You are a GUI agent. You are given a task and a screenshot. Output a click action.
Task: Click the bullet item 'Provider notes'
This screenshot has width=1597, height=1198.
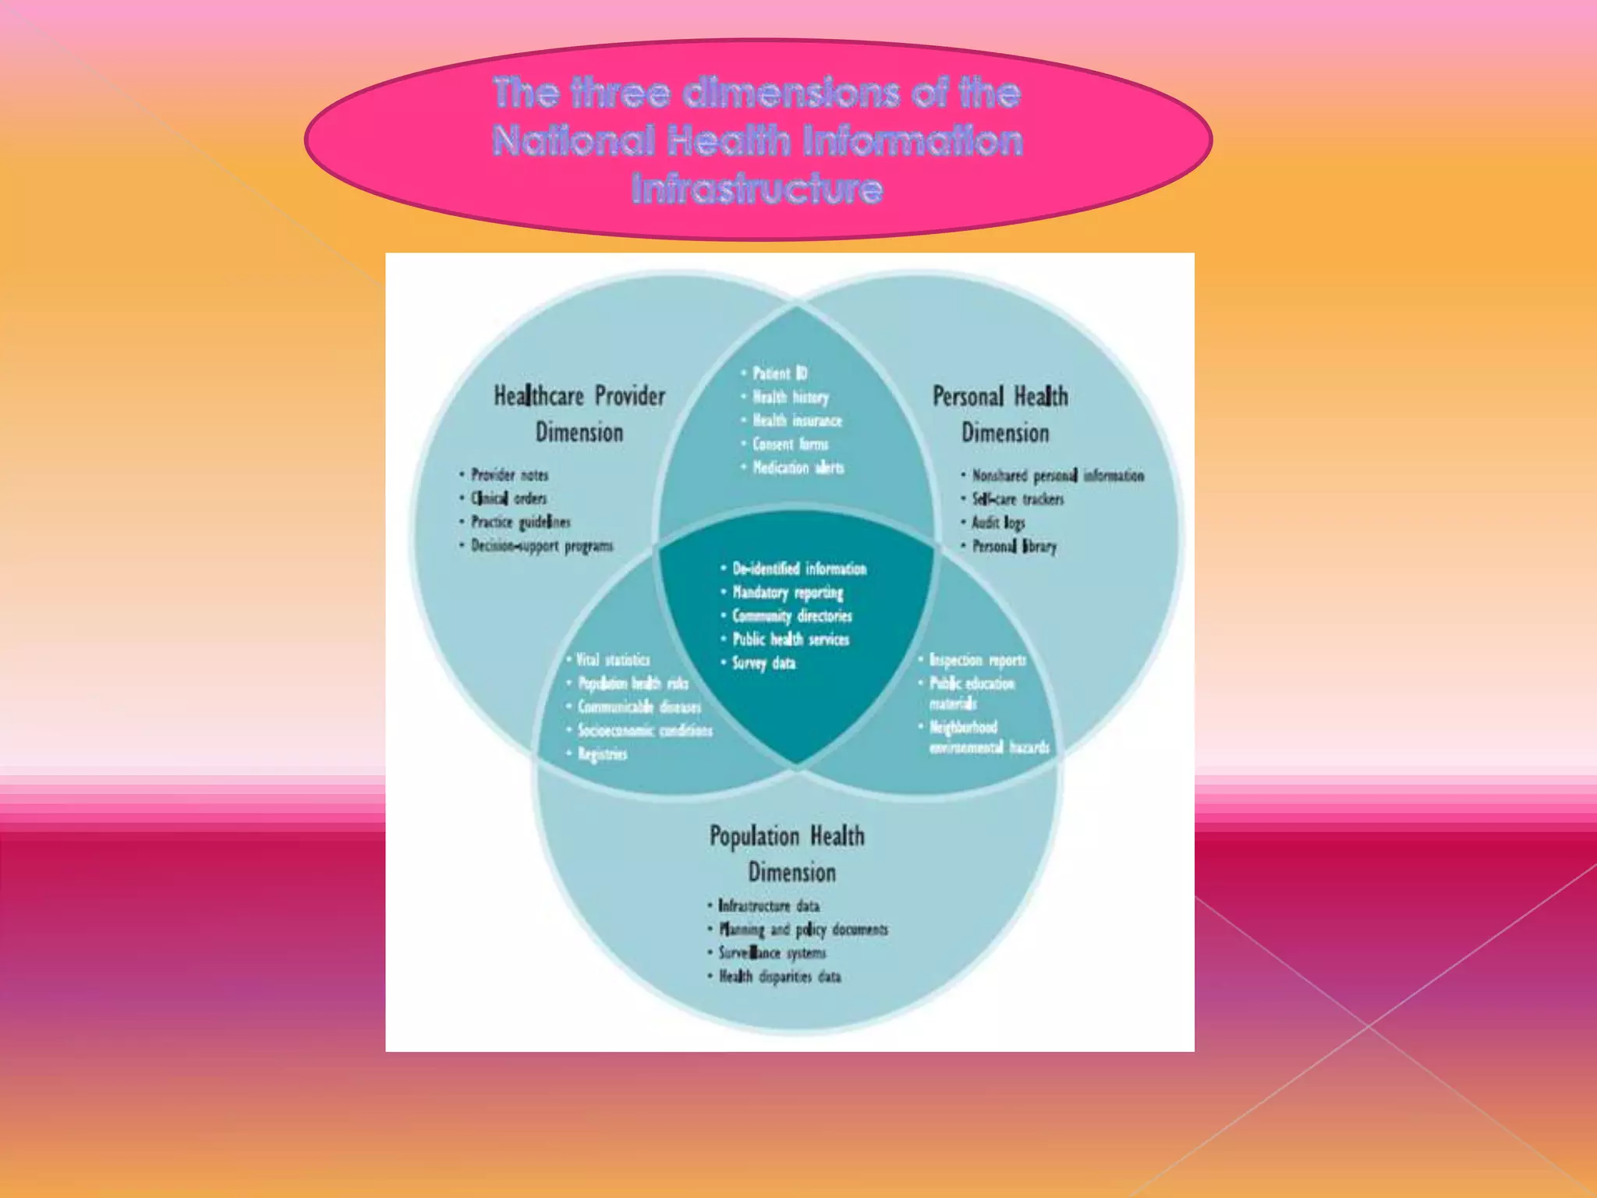pos(509,475)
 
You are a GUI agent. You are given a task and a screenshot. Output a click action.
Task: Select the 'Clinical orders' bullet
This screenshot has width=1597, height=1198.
pos(508,498)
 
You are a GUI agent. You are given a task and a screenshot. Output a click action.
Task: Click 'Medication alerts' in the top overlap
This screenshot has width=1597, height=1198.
pos(798,468)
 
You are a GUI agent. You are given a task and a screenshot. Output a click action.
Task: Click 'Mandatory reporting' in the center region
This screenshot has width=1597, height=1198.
pos(788,593)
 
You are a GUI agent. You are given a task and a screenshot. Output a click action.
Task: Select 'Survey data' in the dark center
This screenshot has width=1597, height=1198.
pos(763,664)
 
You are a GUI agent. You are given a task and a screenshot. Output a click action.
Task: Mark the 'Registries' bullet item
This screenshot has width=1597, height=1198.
pos(602,754)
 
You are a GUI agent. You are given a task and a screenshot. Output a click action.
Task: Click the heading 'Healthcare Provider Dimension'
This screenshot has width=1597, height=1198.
pos(579,414)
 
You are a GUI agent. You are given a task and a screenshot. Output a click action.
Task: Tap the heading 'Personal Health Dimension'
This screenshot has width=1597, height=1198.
pos(1002,414)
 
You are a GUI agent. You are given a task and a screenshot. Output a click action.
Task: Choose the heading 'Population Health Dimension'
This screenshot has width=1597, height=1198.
pos(788,854)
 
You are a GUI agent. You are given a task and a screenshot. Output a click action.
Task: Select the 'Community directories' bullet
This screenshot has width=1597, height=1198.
pos(791,616)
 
